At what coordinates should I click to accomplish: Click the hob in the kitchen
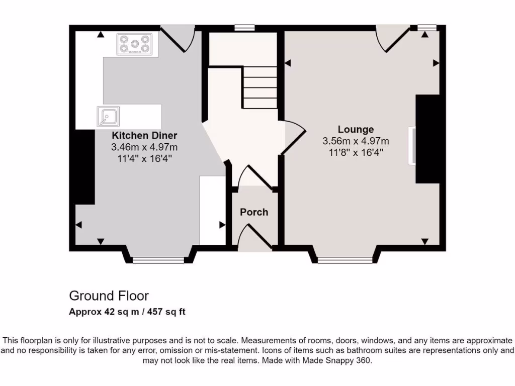(134, 44)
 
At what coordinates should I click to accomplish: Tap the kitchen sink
(108, 116)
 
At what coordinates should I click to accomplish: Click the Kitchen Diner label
(144, 136)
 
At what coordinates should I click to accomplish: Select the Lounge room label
(356, 130)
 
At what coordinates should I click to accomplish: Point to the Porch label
(254, 212)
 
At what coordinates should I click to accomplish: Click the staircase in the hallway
(260, 87)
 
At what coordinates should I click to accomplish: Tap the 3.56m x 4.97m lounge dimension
(356, 141)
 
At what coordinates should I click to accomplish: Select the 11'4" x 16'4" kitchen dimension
(144, 158)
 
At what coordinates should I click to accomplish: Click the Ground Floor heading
(109, 296)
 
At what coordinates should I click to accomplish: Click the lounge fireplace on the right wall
(426, 139)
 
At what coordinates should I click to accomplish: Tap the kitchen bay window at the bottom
(158, 260)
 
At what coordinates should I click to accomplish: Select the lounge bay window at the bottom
(345, 260)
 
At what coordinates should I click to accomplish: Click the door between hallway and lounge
(294, 135)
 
